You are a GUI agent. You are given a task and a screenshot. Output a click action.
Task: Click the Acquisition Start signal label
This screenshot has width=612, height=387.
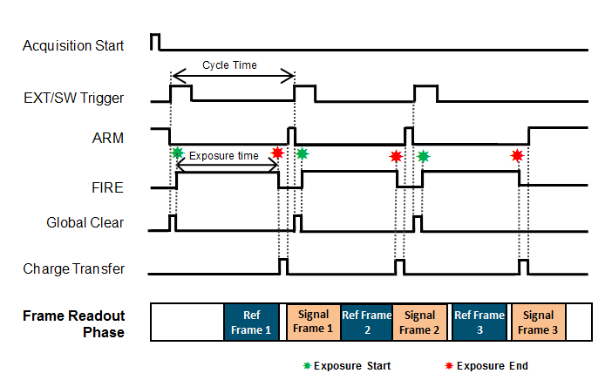(x=73, y=44)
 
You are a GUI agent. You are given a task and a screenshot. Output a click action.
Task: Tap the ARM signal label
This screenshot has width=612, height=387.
(x=107, y=137)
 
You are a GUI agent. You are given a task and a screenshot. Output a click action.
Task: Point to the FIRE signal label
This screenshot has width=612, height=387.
(x=107, y=186)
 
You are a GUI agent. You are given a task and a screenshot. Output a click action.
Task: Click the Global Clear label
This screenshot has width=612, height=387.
(x=85, y=222)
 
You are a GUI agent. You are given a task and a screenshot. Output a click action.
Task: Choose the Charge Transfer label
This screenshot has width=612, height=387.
(x=73, y=268)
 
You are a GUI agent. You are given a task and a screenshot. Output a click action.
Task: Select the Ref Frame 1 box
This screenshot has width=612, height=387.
(x=251, y=322)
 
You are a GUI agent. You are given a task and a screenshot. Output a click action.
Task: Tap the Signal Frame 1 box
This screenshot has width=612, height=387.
(x=311, y=322)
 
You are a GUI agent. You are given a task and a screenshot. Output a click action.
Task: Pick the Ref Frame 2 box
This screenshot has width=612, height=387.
(x=366, y=322)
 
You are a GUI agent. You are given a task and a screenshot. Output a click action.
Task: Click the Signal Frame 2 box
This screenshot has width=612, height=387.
(x=419, y=322)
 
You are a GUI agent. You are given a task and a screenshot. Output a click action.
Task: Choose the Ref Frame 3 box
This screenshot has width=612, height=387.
(x=479, y=322)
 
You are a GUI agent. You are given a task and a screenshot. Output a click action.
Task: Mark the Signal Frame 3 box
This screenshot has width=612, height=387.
(x=538, y=322)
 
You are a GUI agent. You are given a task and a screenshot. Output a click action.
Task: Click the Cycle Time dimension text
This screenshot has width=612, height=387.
(x=229, y=64)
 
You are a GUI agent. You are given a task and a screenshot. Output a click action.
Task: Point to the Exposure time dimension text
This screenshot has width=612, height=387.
(x=224, y=156)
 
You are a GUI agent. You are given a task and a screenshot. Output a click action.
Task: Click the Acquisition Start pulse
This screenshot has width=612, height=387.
(x=154, y=41)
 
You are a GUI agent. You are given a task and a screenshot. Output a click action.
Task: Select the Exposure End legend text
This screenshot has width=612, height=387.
(x=493, y=366)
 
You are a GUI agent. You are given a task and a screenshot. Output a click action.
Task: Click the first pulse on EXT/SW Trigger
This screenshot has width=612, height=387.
(x=180, y=92)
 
